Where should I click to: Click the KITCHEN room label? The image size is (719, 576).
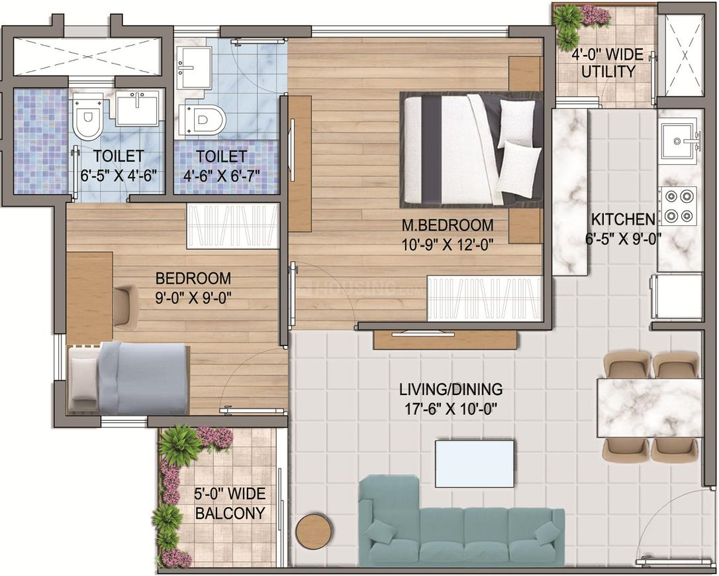(x=623, y=219)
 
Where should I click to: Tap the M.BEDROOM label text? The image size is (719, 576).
(x=448, y=225)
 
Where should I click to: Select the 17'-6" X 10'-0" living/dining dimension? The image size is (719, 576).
(x=450, y=408)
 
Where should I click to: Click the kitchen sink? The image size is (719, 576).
(x=679, y=138)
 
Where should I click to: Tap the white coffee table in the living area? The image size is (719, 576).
(x=475, y=463)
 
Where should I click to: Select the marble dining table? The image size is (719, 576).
(x=649, y=408)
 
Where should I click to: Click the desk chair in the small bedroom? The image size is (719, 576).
(x=125, y=306)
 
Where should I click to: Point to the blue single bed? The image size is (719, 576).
(x=128, y=379)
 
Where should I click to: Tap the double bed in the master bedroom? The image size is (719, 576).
(x=471, y=148)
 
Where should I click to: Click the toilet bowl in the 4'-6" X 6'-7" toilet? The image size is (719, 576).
(x=203, y=121)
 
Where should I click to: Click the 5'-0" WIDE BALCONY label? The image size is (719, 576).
(x=230, y=504)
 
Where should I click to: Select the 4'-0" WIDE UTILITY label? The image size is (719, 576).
(x=608, y=63)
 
